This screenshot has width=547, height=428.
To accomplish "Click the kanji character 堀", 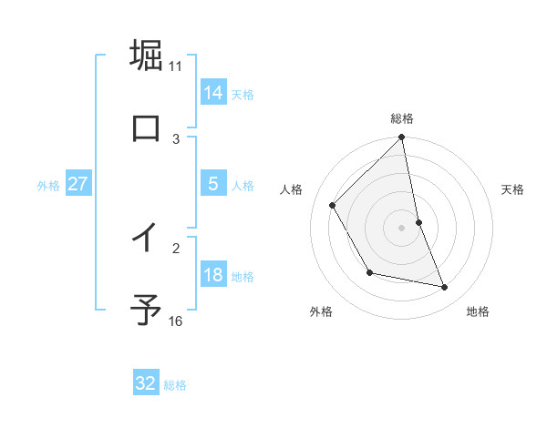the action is [x=146, y=55].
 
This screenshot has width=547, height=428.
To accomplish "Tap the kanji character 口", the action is [x=146, y=127].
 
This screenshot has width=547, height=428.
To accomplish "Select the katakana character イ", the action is [x=146, y=238].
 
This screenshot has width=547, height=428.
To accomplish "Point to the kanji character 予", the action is [x=146, y=310].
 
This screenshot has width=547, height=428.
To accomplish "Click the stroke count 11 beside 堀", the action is [x=176, y=66].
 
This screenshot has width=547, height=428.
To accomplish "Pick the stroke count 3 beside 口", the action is [x=176, y=138].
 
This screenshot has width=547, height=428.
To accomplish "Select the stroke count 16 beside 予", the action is [x=176, y=321].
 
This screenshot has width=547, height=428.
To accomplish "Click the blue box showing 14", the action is [x=213, y=92].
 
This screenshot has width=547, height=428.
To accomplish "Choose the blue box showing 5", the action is [x=213, y=184].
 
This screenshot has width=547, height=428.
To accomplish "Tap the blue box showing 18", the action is [x=213, y=275].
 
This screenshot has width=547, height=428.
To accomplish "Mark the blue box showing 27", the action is [x=78, y=184].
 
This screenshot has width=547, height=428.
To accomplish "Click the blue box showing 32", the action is [x=146, y=383].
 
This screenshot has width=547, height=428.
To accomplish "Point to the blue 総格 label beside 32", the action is [x=175, y=385].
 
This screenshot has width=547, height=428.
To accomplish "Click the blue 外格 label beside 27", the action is [x=48, y=186].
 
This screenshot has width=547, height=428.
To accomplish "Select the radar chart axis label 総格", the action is [x=402, y=118].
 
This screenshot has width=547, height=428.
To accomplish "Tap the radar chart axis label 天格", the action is [x=513, y=189].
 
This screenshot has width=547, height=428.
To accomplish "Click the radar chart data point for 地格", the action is [x=445, y=287].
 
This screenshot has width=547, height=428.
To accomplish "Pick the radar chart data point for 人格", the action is [x=332, y=205].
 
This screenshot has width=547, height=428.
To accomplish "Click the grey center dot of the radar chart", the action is [x=402, y=228].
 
